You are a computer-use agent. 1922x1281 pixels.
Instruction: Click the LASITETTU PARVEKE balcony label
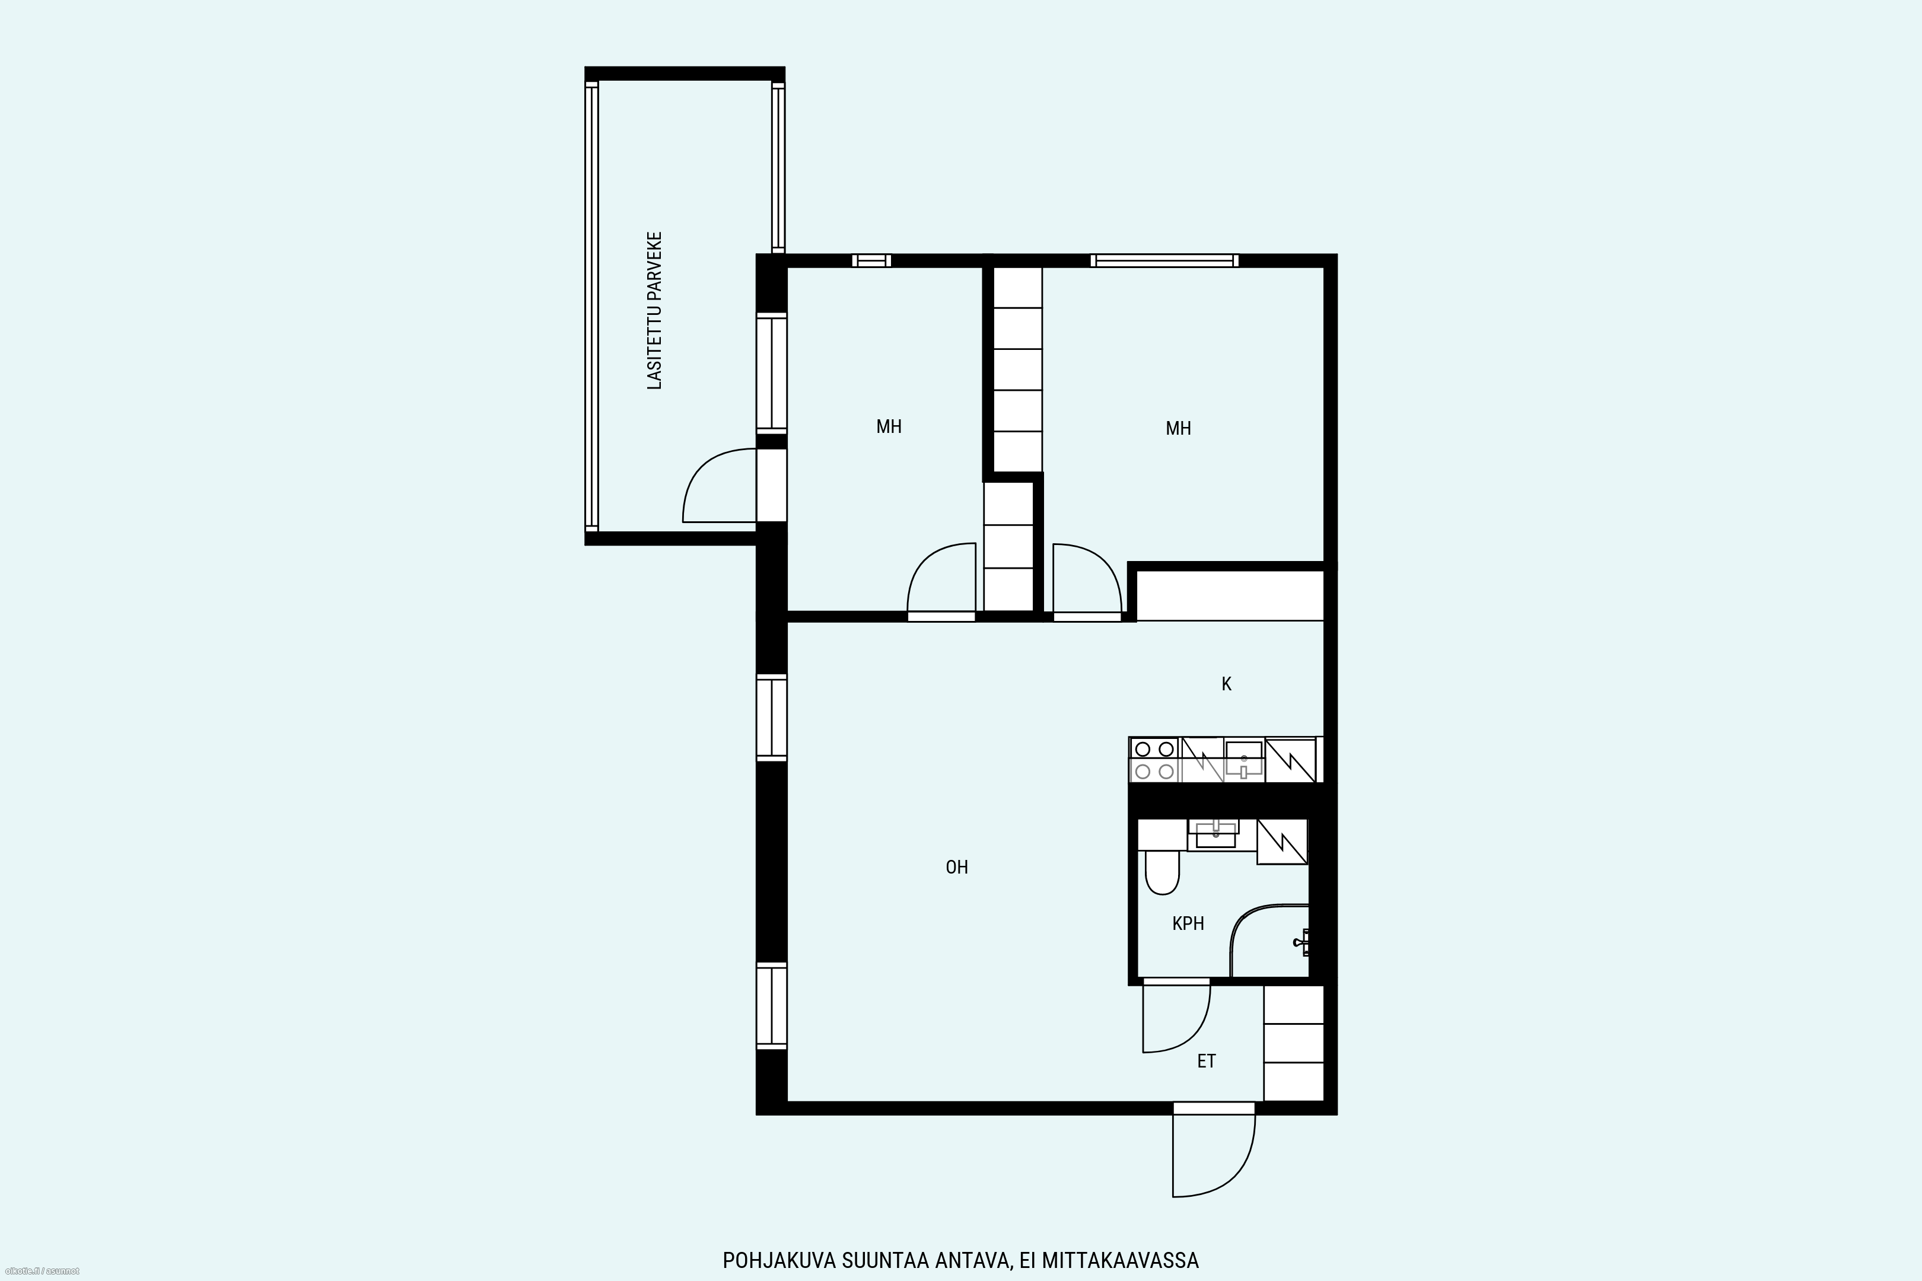[654, 310]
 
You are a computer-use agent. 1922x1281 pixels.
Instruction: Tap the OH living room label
[957, 867]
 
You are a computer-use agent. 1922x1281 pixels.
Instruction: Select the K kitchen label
[1227, 684]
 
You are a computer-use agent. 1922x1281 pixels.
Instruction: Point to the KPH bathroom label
[1188, 923]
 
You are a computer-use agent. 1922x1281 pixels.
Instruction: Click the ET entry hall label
[1206, 1061]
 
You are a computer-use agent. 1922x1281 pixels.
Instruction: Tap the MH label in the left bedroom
[889, 426]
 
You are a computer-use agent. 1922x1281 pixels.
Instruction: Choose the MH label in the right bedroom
[1178, 428]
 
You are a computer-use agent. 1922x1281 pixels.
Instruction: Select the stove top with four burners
[1154, 760]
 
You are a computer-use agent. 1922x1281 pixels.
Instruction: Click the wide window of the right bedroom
[1164, 260]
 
